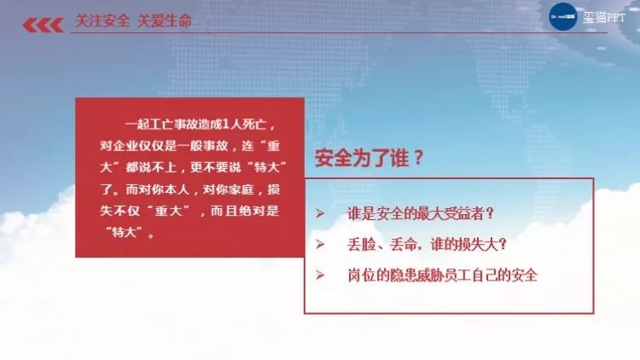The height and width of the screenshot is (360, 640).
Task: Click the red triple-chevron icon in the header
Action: pos(43,25)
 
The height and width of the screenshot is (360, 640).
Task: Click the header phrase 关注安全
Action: pos(102,20)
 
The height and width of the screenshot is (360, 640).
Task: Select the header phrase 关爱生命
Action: pos(165,20)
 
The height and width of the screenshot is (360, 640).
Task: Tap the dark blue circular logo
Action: pos(563,17)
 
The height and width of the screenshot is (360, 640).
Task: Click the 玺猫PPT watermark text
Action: pos(603,18)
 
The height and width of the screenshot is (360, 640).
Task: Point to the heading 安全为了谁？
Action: pos(369,158)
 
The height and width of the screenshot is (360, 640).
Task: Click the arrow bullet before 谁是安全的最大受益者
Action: pos(320,213)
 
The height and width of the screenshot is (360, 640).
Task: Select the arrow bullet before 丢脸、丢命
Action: pos(320,244)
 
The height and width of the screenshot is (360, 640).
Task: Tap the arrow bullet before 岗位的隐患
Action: pos(320,275)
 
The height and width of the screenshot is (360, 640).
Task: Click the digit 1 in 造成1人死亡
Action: pos(226,124)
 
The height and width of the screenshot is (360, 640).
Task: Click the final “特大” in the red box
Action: pos(125,233)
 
